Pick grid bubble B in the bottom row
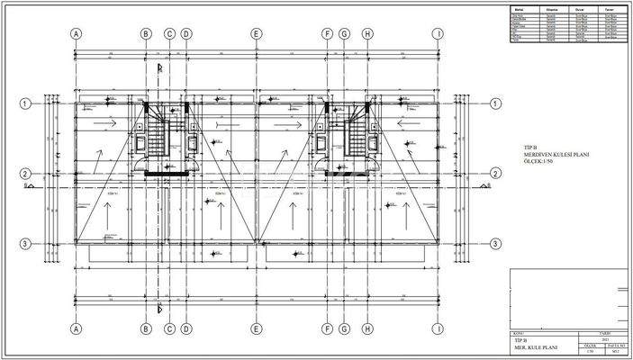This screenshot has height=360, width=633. click(146, 328)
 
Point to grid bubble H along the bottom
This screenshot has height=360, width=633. click(367, 328)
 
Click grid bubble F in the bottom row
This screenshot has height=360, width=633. click(328, 328)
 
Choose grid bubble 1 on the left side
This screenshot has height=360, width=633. click(26, 103)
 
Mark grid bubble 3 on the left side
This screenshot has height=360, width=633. click(26, 244)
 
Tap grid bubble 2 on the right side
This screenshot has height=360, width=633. click(495, 174)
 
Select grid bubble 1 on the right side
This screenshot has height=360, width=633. click(495, 103)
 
